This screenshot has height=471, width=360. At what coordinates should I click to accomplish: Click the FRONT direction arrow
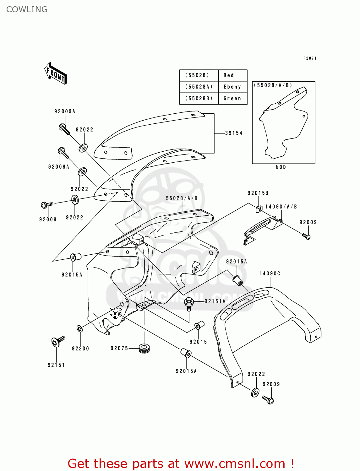click(x=56, y=73)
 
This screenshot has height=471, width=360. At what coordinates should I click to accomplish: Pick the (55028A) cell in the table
click(x=199, y=87)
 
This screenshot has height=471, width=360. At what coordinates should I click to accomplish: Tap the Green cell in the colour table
click(x=232, y=99)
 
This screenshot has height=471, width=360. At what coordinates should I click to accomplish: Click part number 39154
click(x=234, y=133)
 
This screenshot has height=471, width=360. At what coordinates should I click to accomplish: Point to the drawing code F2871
click(x=310, y=58)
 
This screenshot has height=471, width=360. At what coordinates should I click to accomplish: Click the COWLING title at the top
click(x=27, y=9)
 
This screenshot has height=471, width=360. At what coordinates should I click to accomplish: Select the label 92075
click(x=119, y=348)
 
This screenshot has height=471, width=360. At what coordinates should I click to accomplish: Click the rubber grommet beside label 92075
click(x=144, y=348)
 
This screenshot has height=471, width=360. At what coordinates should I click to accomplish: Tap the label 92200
click(x=80, y=349)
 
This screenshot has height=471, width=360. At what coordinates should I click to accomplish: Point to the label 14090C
click(x=270, y=274)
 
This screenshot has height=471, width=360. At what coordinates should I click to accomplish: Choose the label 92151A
click(x=215, y=301)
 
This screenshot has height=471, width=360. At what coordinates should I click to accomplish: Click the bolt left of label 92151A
click(x=189, y=303)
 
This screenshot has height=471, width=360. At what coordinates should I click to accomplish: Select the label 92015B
click(x=258, y=193)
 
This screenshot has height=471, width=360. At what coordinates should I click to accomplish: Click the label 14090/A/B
click(x=281, y=207)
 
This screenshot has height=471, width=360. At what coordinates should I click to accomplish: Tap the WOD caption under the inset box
click(x=281, y=167)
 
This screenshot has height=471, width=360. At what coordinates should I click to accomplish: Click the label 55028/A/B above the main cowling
click(x=182, y=198)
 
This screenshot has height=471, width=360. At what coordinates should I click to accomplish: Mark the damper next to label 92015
click(x=199, y=325)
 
